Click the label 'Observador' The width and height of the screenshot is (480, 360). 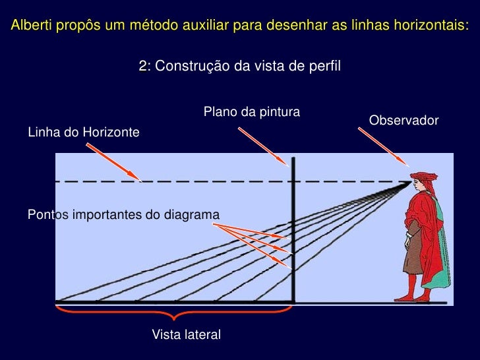404,121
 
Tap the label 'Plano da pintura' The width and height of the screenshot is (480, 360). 251,111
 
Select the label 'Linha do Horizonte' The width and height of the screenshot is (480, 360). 83,133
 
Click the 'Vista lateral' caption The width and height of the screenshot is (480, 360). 186,334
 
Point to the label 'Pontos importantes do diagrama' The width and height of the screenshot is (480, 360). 123,214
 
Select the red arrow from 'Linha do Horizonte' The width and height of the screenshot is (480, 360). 113,162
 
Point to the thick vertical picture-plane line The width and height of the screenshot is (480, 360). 293,231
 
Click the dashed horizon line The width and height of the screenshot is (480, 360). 198,181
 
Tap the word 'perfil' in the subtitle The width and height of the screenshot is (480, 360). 326,66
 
